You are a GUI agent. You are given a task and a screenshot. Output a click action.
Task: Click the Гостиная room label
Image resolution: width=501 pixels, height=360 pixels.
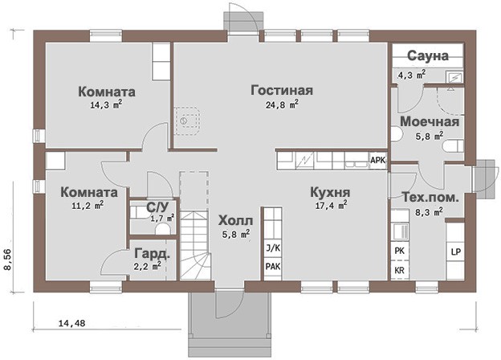(x=282, y=91)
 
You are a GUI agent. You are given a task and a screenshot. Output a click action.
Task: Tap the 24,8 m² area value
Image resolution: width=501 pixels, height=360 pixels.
(x=282, y=104)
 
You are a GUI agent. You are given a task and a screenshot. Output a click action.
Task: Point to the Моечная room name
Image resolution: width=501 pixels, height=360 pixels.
(x=430, y=122)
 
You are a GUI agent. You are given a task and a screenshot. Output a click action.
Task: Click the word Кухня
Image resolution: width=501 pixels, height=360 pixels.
(x=330, y=193)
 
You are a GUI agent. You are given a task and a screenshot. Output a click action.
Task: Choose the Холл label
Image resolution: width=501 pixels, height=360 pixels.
(x=236, y=221)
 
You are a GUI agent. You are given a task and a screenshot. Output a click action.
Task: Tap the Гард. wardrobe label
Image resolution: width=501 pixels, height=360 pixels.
(x=152, y=254)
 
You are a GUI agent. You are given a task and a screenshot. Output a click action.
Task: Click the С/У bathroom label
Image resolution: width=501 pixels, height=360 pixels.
(x=157, y=207)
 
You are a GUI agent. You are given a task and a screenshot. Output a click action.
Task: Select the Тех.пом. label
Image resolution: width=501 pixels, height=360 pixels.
(x=430, y=197)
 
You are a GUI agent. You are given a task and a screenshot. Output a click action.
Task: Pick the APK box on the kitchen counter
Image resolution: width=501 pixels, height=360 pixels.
(x=378, y=160)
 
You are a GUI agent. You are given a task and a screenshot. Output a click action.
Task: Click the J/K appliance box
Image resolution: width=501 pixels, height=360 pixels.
(x=273, y=248)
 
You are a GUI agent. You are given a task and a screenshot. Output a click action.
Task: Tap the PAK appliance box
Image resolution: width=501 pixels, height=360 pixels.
(x=273, y=266)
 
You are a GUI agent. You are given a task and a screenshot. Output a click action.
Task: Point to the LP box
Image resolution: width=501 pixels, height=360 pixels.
(x=455, y=252)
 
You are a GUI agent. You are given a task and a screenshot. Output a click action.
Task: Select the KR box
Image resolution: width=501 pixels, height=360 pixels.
(x=399, y=271)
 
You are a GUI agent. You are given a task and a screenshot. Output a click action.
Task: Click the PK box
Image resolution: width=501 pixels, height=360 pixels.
(x=399, y=251)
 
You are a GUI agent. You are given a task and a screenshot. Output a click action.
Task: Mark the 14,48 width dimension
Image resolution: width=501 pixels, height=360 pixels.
(x=72, y=323)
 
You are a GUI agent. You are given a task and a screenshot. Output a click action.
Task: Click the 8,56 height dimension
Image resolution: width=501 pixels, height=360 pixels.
(x=9, y=260)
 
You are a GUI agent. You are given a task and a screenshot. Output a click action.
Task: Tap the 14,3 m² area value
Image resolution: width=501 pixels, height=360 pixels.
(x=107, y=105)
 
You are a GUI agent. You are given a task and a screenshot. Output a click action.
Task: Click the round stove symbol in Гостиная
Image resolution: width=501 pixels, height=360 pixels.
(x=183, y=121)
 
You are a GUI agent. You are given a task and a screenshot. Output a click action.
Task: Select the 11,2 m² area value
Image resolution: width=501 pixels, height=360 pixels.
(x=88, y=205)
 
